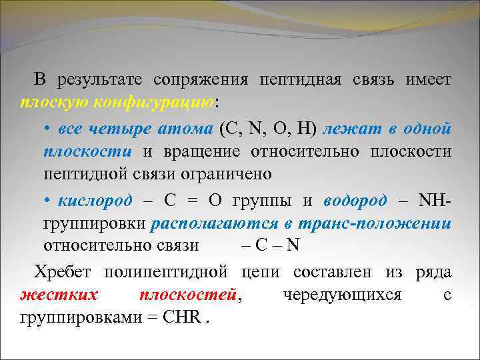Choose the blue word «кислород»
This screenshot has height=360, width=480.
(x=95, y=200)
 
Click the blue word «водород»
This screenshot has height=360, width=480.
(x=355, y=200)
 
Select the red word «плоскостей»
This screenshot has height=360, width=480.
(x=189, y=294)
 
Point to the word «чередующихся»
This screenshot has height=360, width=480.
(x=341, y=294)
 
